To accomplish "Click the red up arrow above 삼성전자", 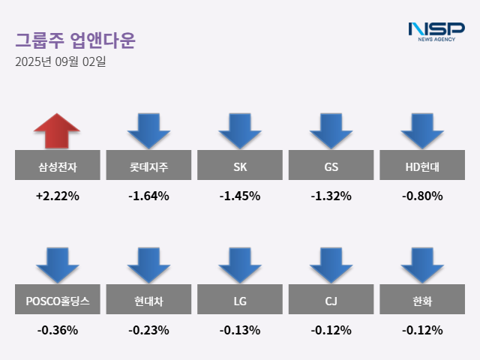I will pos(57,130).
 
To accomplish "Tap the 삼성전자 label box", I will pos(57,166).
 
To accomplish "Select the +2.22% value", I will pos(57,196).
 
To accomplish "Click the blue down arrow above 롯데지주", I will pos(148,130).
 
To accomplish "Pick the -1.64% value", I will pos(148,196).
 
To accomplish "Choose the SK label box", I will pos(240,166).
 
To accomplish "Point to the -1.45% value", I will pos(240,196).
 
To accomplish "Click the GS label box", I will pos(331,166).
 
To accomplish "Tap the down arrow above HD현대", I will pos(422,130).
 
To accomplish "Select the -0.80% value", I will pos(422,196).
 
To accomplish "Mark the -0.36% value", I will pos(57,330).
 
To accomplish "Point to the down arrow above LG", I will pos(240,264).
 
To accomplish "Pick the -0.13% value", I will pos(240,330).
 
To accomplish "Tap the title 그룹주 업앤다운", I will pos(75,39).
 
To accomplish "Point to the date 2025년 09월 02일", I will pos(61,62).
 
